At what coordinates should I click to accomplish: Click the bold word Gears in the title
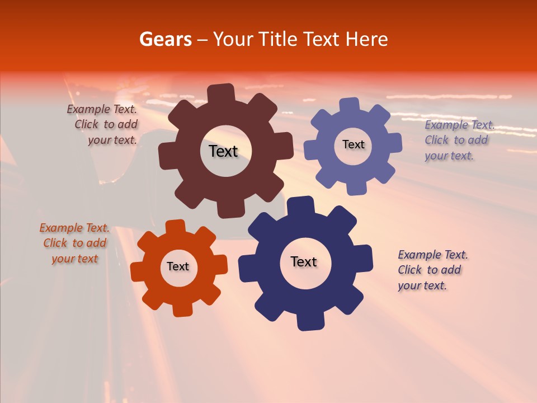coord(165,39)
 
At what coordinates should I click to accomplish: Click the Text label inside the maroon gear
coord(223,151)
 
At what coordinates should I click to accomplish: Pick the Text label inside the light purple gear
coord(353,144)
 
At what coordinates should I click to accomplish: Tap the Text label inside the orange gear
coord(178,266)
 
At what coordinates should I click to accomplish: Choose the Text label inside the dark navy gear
coord(304,261)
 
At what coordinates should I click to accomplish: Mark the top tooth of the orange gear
coord(176,227)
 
